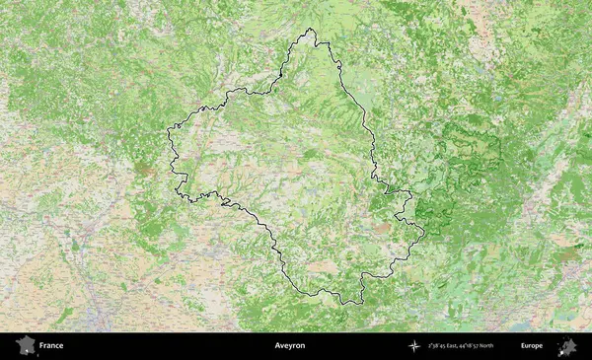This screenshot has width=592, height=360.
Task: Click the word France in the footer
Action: tap(51, 346)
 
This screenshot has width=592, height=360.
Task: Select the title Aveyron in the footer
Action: tap(290, 346)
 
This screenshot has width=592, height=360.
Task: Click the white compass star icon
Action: tap(414, 346)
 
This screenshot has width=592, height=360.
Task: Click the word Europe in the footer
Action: tap(532, 346)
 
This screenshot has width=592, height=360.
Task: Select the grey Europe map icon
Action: tap(567, 346)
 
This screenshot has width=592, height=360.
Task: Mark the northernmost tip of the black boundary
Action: tap(310, 29)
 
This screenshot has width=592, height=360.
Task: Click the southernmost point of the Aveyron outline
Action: tap(345, 304)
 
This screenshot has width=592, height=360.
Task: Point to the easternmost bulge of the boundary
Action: tap(423, 234)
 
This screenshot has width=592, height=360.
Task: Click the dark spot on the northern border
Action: tap(281, 74)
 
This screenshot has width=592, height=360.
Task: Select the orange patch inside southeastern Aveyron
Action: tap(382, 228)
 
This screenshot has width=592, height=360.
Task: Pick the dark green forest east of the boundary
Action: tap(464, 187)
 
